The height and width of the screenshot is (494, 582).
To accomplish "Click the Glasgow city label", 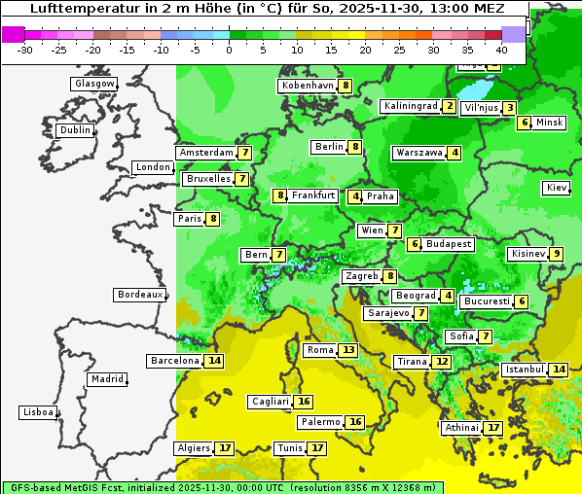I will [94, 84].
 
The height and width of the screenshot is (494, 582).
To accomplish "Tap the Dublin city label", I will [75, 130].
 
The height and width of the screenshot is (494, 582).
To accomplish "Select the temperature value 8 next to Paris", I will [212, 219].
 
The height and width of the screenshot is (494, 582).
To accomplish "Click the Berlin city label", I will [329, 147].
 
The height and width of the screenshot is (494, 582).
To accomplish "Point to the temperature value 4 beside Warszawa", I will [455, 153].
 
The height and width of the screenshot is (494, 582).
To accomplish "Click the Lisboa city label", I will [38, 412].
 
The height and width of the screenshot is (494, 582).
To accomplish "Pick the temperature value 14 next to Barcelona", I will [214, 361].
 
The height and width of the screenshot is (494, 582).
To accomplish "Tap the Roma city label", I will [320, 350].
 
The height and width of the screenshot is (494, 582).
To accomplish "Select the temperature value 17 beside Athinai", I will [493, 428].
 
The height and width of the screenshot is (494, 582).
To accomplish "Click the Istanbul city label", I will [524, 370].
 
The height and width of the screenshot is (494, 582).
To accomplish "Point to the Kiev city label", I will [558, 188].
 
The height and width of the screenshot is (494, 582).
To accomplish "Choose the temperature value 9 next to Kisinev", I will [556, 254].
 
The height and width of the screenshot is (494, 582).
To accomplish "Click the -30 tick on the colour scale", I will [25, 50].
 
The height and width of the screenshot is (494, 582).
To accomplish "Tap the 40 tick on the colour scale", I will [501, 50].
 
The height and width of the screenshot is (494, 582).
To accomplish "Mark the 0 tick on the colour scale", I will [229, 50].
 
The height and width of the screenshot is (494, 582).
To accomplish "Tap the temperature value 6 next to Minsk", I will [525, 123].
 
